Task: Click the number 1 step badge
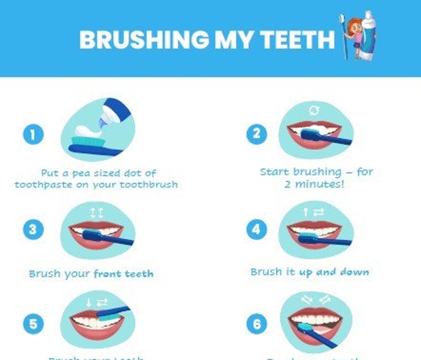point(33,134)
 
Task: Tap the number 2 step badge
point(256,133)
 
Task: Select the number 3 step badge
point(33,229)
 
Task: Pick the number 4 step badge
point(256,229)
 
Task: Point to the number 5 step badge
point(33,324)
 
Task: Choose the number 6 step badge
point(256,324)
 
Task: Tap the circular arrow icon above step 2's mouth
point(315,110)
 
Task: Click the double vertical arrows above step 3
point(97,213)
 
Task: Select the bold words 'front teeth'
point(123,274)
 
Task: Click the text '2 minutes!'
point(314,184)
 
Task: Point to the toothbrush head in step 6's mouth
point(305,327)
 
